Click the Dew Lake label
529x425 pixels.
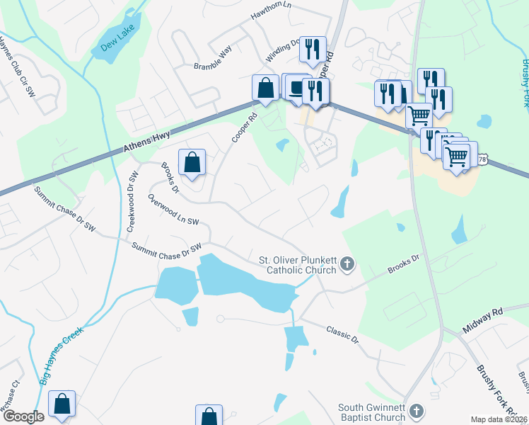point(111,46)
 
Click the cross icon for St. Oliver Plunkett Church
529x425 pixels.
point(347,264)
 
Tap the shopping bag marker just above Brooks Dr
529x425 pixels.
point(192,162)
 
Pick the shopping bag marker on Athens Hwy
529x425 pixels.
point(265,89)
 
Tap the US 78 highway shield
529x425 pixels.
point(482,160)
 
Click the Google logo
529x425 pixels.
point(23,416)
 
